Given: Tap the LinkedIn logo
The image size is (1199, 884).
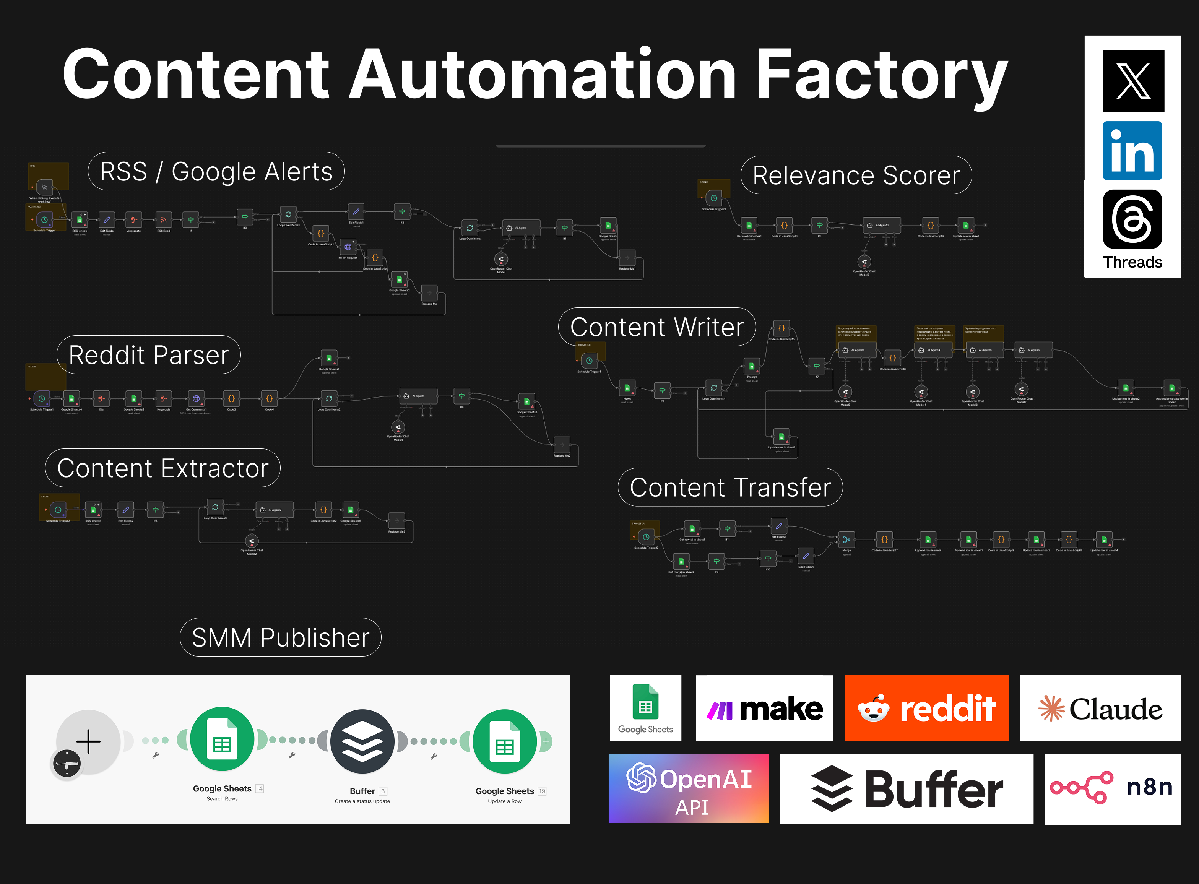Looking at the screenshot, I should point(1132,151).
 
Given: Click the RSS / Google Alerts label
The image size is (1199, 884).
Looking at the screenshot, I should point(216,172).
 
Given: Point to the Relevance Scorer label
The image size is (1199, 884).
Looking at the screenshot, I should point(856,175).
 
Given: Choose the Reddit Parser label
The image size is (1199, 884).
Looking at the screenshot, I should point(149,355).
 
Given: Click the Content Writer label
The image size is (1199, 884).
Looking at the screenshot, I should point(657,327).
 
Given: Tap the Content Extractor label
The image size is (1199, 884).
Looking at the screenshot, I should point(162,468).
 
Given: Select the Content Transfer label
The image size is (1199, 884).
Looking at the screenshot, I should point(730,487).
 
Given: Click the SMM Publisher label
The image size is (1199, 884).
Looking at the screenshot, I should point(280,637).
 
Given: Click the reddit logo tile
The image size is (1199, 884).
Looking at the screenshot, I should point(926,708).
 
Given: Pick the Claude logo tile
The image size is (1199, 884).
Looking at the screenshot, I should point(1100,708).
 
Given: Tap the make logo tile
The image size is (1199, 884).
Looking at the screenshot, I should point(765,708).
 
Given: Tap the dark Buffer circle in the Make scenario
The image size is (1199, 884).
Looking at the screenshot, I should point(362,741).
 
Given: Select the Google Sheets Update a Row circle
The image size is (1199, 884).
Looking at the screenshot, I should point(505,741).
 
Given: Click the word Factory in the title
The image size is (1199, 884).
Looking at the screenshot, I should point(882,75).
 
